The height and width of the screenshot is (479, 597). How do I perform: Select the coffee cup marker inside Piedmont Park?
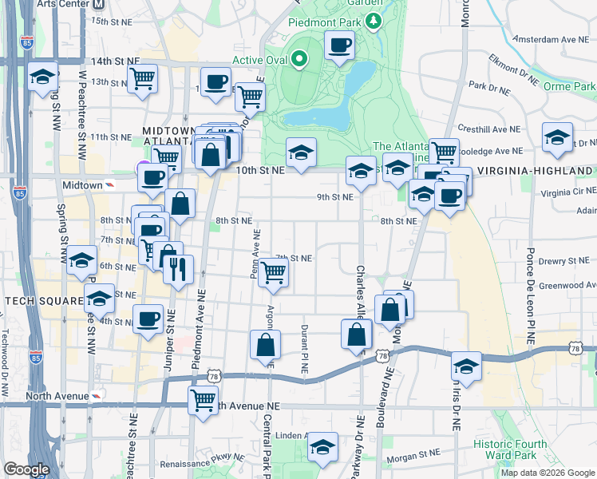339,45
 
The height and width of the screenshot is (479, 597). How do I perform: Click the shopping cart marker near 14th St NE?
142,78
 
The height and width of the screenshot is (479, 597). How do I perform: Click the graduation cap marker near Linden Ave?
322,447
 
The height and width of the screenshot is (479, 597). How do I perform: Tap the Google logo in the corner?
26,469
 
